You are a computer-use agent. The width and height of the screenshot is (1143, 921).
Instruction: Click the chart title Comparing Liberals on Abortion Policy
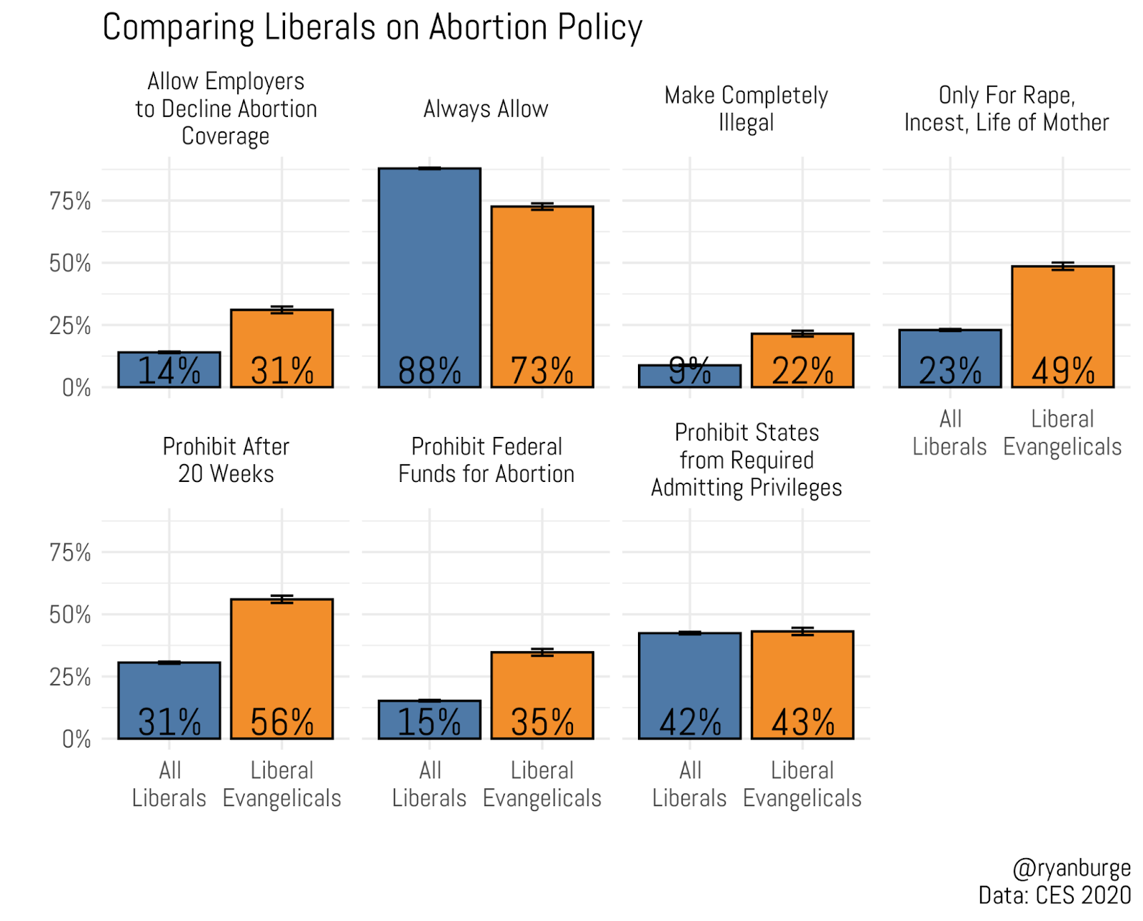tap(372, 28)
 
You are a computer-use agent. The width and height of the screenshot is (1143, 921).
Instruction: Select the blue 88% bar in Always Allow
tap(429, 278)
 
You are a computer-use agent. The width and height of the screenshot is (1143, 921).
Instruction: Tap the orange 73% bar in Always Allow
tap(542, 296)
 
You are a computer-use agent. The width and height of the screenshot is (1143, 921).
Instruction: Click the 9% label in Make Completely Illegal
tap(689, 370)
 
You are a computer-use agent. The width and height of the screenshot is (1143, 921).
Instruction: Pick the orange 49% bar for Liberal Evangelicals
tap(1062, 326)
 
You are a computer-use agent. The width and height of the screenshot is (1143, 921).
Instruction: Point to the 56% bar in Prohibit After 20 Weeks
tap(282, 668)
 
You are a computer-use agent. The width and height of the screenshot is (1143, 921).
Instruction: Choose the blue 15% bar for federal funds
tap(429, 719)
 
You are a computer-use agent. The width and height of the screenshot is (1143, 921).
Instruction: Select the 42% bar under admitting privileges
tap(689, 685)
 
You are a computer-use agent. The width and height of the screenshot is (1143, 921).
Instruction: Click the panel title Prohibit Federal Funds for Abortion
tap(486, 460)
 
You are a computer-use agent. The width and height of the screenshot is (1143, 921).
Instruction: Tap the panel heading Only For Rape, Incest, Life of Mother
tap(1007, 109)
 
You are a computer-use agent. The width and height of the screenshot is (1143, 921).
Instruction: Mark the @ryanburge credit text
tap(1072, 867)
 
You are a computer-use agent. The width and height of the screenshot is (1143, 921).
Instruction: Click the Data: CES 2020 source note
tap(1054, 895)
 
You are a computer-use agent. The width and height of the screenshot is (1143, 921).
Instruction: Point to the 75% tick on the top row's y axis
tap(70, 201)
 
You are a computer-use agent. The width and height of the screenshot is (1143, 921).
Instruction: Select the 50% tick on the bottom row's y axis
tap(70, 615)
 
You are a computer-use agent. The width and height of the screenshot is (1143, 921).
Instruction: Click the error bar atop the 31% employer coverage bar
tap(282, 309)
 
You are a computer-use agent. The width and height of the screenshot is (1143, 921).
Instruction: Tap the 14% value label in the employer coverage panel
tap(169, 371)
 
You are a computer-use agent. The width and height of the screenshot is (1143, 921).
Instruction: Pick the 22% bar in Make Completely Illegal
tap(802, 360)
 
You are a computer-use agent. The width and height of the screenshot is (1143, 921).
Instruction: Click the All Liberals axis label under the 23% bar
tap(949, 433)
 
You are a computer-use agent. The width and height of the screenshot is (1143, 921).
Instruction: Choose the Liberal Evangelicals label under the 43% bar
tap(802, 784)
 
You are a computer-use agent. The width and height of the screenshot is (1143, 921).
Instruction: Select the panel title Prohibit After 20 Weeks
tap(226, 460)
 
